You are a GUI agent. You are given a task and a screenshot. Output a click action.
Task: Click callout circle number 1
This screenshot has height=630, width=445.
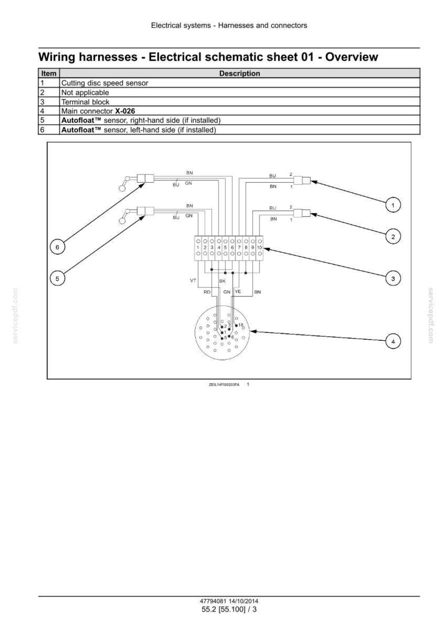click(393, 205)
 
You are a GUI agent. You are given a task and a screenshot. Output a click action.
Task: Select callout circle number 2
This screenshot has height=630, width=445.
click(393, 237)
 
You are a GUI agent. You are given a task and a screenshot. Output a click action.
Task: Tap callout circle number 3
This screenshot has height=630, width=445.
click(393, 279)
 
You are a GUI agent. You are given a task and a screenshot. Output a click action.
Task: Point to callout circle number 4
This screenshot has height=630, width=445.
click(393, 341)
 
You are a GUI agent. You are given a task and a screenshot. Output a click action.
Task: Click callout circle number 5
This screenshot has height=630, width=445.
click(57, 279)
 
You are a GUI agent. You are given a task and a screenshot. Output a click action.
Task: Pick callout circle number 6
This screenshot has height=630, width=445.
click(57, 247)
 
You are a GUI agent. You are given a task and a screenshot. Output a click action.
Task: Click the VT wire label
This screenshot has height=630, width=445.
click(193, 280)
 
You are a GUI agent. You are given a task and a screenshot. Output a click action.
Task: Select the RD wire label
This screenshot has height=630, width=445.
click(207, 292)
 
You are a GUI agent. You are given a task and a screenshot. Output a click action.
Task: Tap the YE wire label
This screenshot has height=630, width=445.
click(238, 291)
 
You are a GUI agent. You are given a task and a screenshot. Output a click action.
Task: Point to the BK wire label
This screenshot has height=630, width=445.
click(222, 281)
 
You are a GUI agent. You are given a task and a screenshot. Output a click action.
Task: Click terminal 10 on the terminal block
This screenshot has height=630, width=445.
click(259, 248)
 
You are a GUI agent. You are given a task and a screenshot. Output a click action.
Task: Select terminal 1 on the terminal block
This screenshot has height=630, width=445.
click(198, 248)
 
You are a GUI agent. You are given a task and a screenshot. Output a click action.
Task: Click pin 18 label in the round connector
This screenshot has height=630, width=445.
click(241, 325)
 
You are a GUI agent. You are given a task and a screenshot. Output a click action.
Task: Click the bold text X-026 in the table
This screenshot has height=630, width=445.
click(125, 111)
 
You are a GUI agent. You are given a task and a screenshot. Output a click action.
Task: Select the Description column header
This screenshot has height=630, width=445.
click(239, 73)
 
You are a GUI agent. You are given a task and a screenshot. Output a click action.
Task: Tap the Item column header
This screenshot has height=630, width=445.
click(49, 73)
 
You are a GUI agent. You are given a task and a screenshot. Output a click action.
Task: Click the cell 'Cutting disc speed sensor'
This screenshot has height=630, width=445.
click(105, 83)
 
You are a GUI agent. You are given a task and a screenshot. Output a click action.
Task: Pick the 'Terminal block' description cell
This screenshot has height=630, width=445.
click(85, 101)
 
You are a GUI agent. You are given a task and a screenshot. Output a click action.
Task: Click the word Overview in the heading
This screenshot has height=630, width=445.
click(352, 57)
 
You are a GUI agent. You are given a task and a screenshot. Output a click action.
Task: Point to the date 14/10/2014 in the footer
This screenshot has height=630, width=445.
click(244, 601)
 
